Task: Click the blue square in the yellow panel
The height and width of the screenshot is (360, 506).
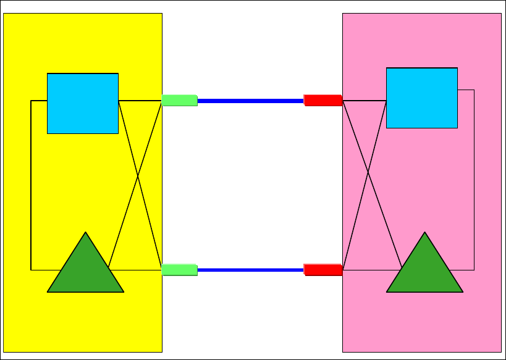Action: [83, 103]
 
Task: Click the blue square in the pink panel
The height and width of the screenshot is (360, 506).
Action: [422, 98]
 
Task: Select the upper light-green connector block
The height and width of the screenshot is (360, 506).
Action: [179, 100]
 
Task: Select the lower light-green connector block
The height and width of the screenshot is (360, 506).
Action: [179, 269]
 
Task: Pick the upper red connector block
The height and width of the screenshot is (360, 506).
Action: [323, 100]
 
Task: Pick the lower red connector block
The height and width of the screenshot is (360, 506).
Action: [323, 269]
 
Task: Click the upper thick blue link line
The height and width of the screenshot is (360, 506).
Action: [250, 100]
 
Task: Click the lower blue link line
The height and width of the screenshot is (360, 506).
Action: [250, 270]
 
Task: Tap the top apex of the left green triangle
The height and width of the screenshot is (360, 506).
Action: [85, 233]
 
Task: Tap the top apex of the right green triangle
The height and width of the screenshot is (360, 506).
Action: [424, 233]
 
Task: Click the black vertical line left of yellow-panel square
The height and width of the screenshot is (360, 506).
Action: [31, 185]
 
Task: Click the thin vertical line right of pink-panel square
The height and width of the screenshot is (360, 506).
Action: [474, 185]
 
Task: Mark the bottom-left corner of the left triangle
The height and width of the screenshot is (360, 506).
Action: [48, 291]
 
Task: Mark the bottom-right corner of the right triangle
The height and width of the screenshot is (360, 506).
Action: [462, 291]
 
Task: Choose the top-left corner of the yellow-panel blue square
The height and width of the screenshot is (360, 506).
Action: [48, 74]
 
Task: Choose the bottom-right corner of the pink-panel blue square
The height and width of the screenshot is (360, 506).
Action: [457, 128]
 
